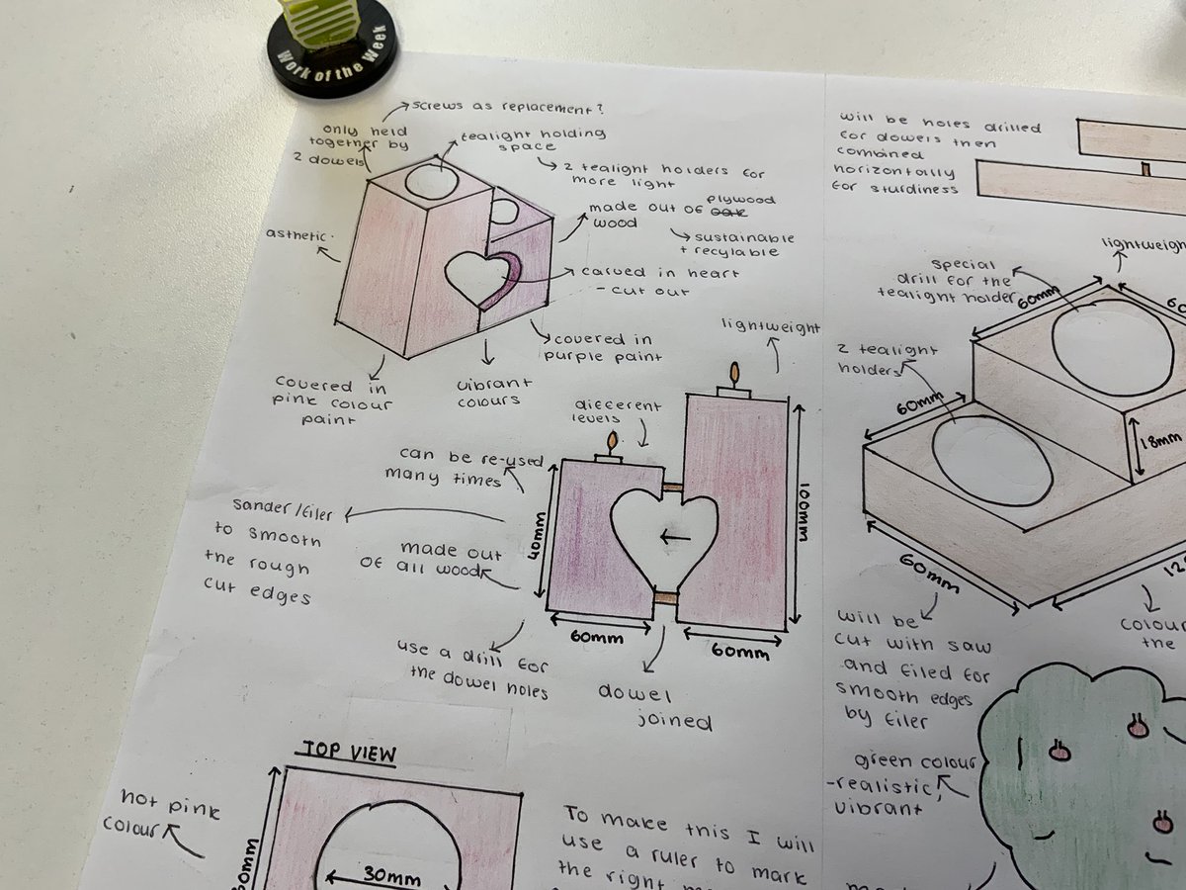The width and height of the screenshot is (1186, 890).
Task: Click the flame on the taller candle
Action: click(x=733, y=373)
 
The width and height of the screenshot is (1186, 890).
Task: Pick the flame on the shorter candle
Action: click(x=612, y=441)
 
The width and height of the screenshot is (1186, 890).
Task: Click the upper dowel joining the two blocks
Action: click(x=672, y=487)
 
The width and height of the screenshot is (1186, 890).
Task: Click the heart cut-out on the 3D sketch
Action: click(x=479, y=277)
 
